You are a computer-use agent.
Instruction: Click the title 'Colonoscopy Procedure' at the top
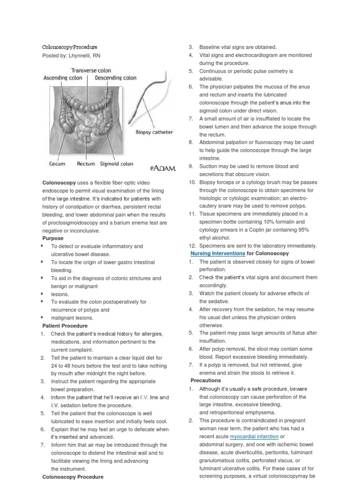[x=70, y=47]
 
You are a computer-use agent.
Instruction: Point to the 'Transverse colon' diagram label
[x=91, y=70]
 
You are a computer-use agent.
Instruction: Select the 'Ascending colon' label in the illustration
[x=63, y=78]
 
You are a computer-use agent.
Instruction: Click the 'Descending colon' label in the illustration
[x=116, y=78]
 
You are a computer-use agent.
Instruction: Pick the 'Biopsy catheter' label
[x=154, y=132]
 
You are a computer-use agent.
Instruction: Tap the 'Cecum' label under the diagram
[x=57, y=164]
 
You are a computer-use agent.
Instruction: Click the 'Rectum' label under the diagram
[x=85, y=164]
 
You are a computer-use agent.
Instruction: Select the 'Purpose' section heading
[x=53, y=238]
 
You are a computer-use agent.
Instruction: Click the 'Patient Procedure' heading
[x=65, y=325]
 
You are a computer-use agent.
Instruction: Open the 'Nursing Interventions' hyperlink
[x=218, y=253]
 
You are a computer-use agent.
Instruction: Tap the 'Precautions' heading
[x=205, y=381]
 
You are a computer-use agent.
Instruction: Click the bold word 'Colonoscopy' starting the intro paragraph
[x=56, y=182]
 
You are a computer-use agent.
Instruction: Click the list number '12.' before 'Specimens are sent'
[x=192, y=246]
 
